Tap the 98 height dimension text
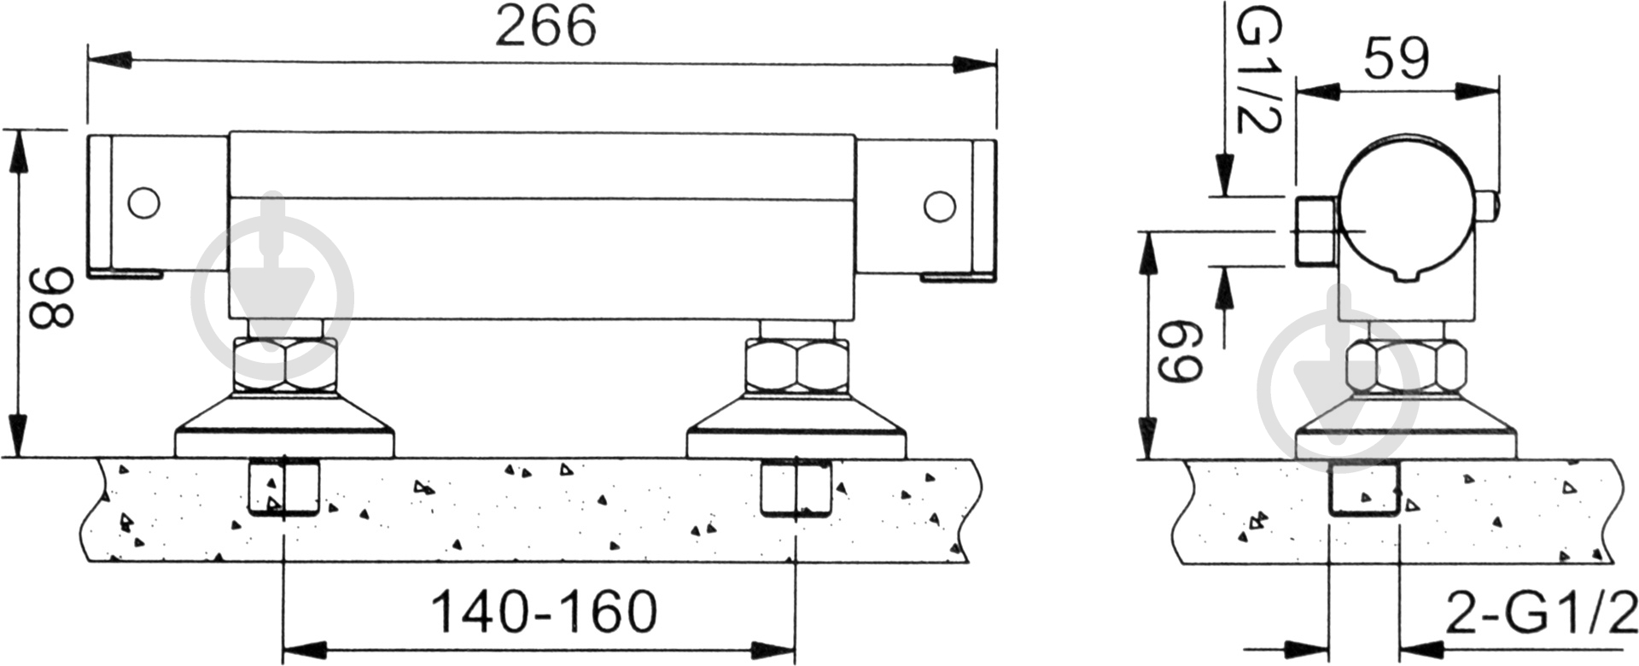click(51, 297)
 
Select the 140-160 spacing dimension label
click(545, 611)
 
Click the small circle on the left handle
click(143, 204)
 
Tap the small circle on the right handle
click(939, 207)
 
